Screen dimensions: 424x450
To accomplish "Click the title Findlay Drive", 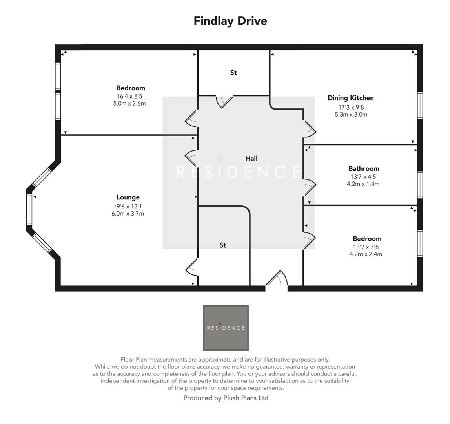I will click(230, 21).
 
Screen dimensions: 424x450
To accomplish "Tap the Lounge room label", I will click(128, 197).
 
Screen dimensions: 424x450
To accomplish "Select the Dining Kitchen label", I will click(350, 98).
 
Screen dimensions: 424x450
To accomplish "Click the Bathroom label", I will click(363, 169).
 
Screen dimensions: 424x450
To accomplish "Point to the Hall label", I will click(251, 159).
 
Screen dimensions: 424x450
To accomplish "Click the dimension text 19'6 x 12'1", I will click(128, 206).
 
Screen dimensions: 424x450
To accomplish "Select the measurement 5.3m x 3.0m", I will click(351, 115).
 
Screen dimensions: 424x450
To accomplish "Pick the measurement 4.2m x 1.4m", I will click(363, 184).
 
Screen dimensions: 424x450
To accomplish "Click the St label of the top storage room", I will click(233, 73).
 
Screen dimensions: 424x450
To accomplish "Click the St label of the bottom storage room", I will click(223, 245).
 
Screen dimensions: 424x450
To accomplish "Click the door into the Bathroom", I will click(309, 186).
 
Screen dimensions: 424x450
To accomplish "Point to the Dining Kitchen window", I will click(420, 105).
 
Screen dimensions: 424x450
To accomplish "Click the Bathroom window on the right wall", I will click(420, 185).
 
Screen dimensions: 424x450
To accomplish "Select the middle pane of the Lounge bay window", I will click(29, 209).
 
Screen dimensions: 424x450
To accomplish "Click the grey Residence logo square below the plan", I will click(226, 328).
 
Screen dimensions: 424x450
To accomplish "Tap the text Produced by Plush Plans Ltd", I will click(226, 398).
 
